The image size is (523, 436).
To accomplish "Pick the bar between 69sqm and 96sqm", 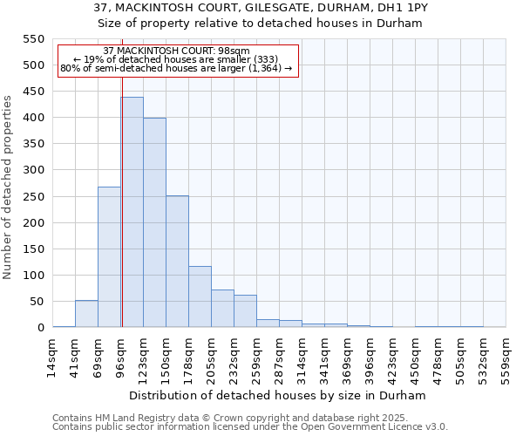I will pyautogui.click(x=109, y=257).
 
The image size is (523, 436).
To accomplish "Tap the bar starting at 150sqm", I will pyautogui.click(x=177, y=262).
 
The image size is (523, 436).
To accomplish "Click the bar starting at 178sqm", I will pyautogui.click(x=200, y=296).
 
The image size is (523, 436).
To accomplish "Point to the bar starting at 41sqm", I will pyautogui.click(x=86, y=314).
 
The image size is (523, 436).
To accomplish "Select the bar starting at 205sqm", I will pyautogui.click(x=222, y=309).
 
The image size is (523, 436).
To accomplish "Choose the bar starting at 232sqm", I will pyautogui.click(x=245, y=311).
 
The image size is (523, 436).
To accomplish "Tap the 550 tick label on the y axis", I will pyautogui.click(x=33, y=39).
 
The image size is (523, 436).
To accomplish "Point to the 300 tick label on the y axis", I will pyautogui.click(x=33, y=170).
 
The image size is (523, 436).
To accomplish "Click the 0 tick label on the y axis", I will pyautogui.click(x=40, y=328).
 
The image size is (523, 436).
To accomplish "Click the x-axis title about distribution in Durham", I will pyautogui.click(x=279, y=395).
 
